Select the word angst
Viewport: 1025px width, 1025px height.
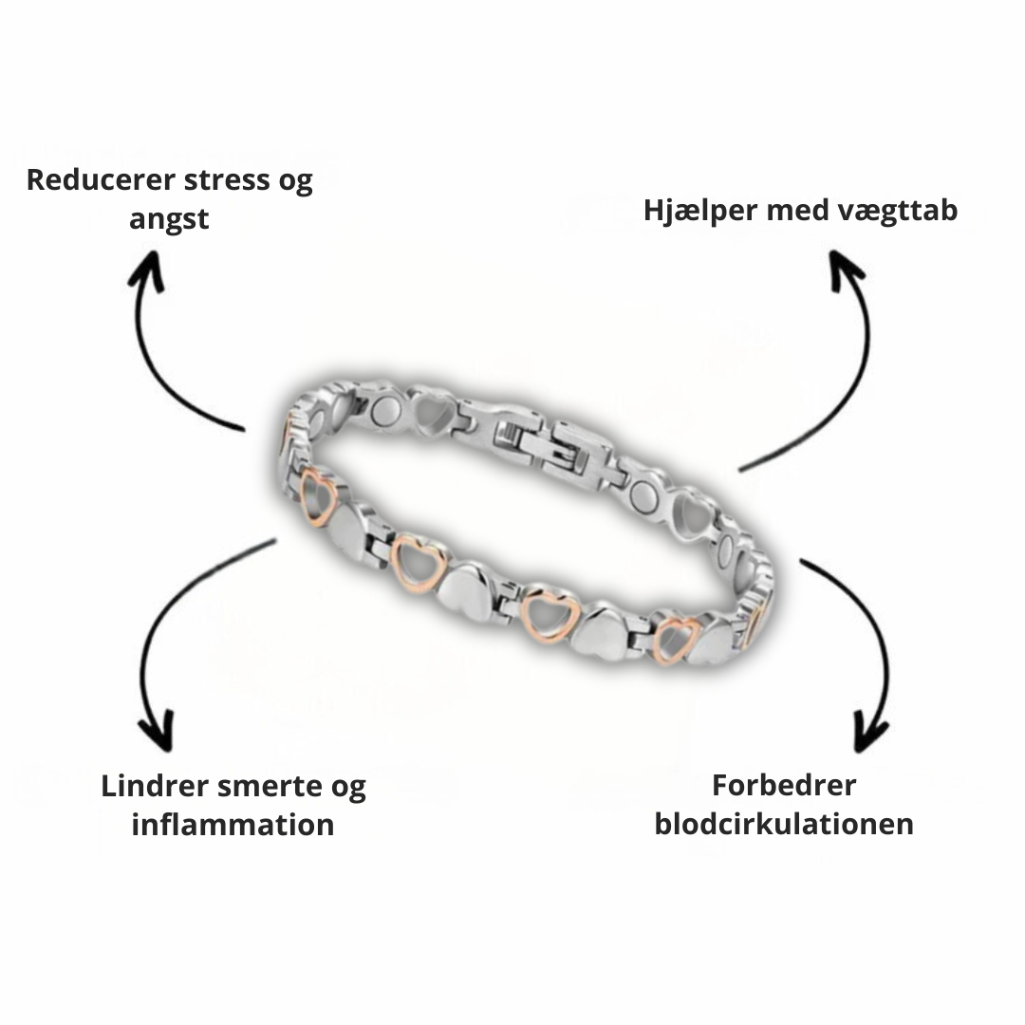tap(169, 219)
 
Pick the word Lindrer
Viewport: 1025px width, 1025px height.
tap(153, 786)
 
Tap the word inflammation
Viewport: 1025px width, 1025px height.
tap(233, 824)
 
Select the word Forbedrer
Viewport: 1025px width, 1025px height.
tap(784, 785)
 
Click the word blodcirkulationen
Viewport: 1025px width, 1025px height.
tap(784, 823)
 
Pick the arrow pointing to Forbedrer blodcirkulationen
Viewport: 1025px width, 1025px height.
tap(864, 645)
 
